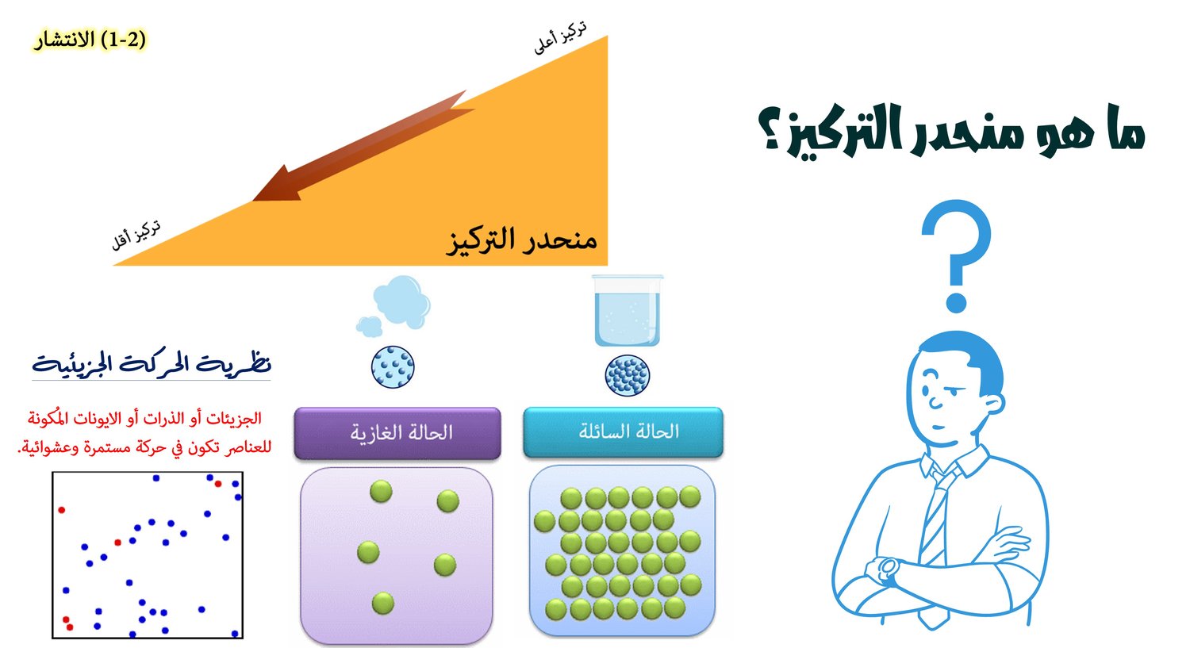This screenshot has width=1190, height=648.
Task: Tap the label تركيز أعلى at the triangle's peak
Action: coord(560,37)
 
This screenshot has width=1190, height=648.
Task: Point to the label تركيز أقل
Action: coord(136,236)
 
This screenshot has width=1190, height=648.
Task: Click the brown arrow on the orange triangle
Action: coord(363,145)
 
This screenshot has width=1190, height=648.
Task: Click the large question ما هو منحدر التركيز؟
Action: coord(951,132)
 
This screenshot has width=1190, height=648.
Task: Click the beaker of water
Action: coord(628,310)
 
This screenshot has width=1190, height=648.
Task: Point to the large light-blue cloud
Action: coord(401,300)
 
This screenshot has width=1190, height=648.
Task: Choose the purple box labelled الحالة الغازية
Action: coord(397,433)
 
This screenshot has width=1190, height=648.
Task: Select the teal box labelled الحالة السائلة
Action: coord(623,431)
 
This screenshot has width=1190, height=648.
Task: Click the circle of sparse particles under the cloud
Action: coord(393,367)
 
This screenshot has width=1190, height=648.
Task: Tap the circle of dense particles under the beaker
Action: coord(628,375)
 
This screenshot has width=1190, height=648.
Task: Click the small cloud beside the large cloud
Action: coord(369,326)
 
